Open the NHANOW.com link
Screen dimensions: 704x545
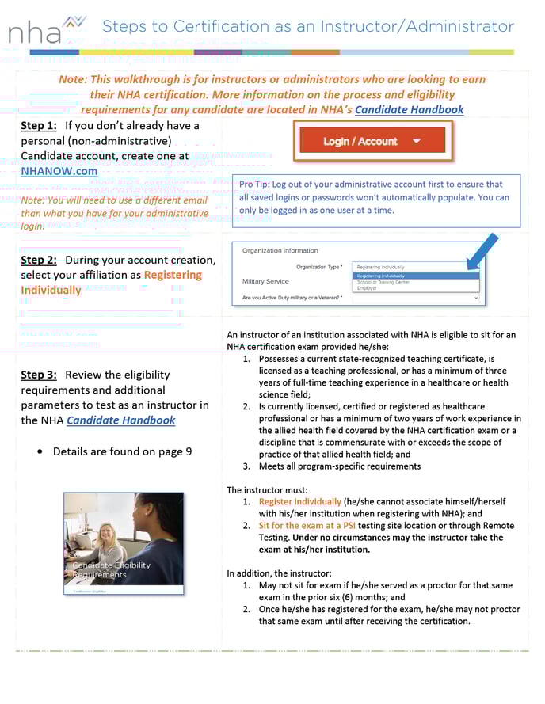click(59, 171)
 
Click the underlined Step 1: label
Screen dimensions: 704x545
click(38, 126)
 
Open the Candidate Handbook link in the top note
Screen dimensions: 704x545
click(409, 109)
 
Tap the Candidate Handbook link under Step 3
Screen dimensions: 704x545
click(120, 420)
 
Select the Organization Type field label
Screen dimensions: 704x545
click(319, 267)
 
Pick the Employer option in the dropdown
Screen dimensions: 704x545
click(368, 288)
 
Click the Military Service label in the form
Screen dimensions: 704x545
click(265, 281)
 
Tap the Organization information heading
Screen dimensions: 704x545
click(280, 251)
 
